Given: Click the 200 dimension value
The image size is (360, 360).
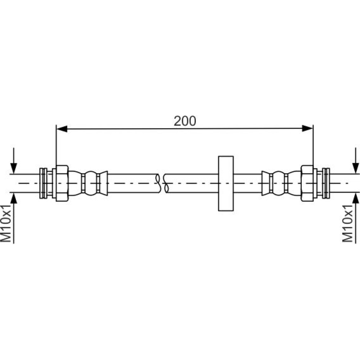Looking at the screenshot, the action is click(185, 121).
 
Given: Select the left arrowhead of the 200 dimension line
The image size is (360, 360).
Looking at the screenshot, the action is click(62, 129).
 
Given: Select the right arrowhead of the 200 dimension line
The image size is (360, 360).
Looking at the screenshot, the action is click(307, 129).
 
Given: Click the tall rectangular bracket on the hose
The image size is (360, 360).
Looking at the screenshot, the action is click(226, 184).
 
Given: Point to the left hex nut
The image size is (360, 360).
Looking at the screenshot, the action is click(62, 184).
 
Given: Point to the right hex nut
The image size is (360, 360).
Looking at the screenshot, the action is click(307, 184).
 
